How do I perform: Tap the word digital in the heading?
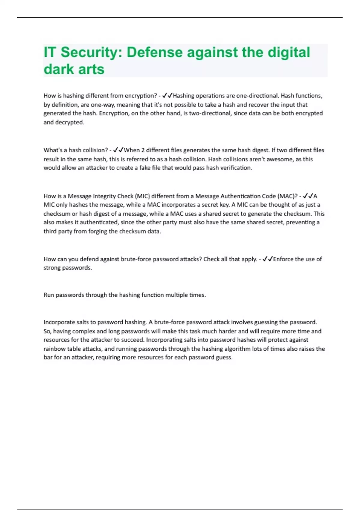pos(289,52)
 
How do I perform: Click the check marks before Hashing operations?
pos(167,96)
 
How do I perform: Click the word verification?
pos(236,168)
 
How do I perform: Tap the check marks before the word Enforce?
pos(268,259)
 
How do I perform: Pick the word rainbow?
pos(54,349)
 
